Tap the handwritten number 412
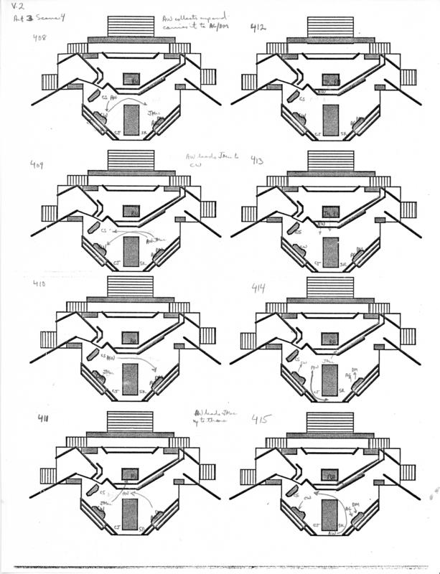click(x=258, y=28)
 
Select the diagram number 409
click(x=38, y=166)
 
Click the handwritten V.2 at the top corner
click(x=17, y=8)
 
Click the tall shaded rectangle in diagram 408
click(x=131, y=119)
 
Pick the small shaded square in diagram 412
click(x=329, y=80)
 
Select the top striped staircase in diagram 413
click(x=329, y=159)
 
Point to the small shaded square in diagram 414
click(x=329, y=338)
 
